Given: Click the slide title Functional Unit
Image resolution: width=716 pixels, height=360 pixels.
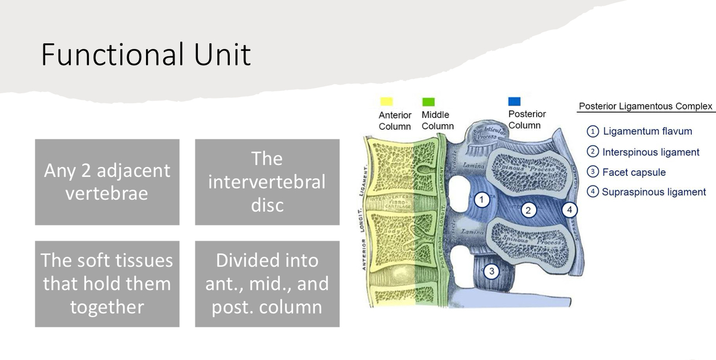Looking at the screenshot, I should [145, 55].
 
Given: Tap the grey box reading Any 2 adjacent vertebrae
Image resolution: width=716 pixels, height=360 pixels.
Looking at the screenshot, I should [107, 182].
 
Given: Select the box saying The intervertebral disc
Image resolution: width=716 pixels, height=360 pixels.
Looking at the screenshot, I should [267, 182].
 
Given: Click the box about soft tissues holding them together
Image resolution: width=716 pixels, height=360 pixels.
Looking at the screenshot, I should [107, 283].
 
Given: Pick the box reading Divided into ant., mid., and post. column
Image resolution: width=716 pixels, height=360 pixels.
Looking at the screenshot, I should [267, 283].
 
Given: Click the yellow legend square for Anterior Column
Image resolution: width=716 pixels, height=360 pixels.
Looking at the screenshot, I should [386, 101].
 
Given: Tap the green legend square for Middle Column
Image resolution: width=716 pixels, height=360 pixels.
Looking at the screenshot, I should [428, 101].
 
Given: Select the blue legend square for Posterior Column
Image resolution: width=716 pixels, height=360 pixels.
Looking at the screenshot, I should [514, 101].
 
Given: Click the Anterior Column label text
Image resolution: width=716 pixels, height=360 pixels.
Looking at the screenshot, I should [394, 121].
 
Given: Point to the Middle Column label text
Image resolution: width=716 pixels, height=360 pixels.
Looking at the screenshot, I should [437, 121].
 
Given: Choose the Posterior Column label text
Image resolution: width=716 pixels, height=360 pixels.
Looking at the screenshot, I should [527, 120].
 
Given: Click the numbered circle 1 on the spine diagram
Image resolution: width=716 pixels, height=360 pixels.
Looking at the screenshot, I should [481, 200].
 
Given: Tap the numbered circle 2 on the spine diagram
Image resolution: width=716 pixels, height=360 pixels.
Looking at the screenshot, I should [528, 210].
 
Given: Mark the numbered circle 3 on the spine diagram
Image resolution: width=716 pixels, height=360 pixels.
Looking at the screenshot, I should [491, 271].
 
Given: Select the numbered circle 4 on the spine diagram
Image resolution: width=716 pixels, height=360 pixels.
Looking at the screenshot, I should [569, 210].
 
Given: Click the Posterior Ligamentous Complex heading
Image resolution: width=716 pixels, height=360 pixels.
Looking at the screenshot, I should [645, 106].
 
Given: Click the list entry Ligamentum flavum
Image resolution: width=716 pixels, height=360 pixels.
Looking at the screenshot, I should [647, 131].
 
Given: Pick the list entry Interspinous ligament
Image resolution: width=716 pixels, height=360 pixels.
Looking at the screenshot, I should [650, 152].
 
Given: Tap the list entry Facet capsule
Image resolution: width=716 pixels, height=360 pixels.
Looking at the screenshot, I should [633, 172].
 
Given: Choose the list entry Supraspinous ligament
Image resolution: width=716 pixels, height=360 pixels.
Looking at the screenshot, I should [653, 192].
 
